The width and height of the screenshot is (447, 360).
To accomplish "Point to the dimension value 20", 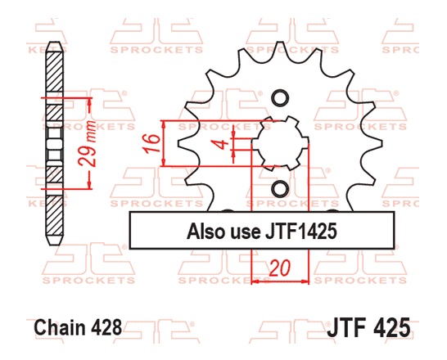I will coord(278,268).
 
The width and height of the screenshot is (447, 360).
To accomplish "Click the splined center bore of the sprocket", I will coord(279,144).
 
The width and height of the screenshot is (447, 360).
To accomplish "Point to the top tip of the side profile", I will coord(55,45).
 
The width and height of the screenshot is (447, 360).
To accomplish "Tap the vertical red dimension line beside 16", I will coord(166,144).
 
